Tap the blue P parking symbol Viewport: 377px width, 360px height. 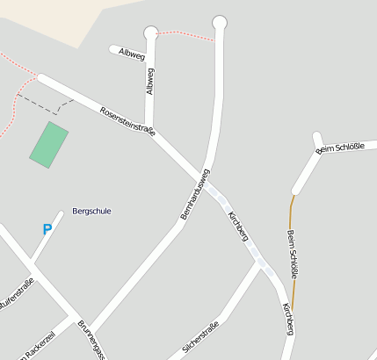[x=47, y=230]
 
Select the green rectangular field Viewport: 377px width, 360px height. [x=49, y=144]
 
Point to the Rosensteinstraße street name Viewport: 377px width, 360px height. [x=127, y=121]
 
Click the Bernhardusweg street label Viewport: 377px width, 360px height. [x=195, y=193]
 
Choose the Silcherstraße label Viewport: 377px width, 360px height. [x=199, y=338]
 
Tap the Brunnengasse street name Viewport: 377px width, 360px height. [x=92, y=341]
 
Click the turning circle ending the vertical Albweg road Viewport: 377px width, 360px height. [x=151, y=33]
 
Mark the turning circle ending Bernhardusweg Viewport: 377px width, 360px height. [x=220, y=22]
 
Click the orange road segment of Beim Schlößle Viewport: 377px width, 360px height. [x=292, y=220]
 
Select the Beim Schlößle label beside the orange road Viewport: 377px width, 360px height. [x=294, y=255]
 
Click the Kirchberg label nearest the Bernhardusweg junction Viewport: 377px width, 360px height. [x=238, y=227]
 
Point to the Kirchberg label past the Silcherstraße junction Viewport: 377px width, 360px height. [x=287, y=318]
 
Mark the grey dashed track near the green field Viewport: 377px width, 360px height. [x=44, y=104]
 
